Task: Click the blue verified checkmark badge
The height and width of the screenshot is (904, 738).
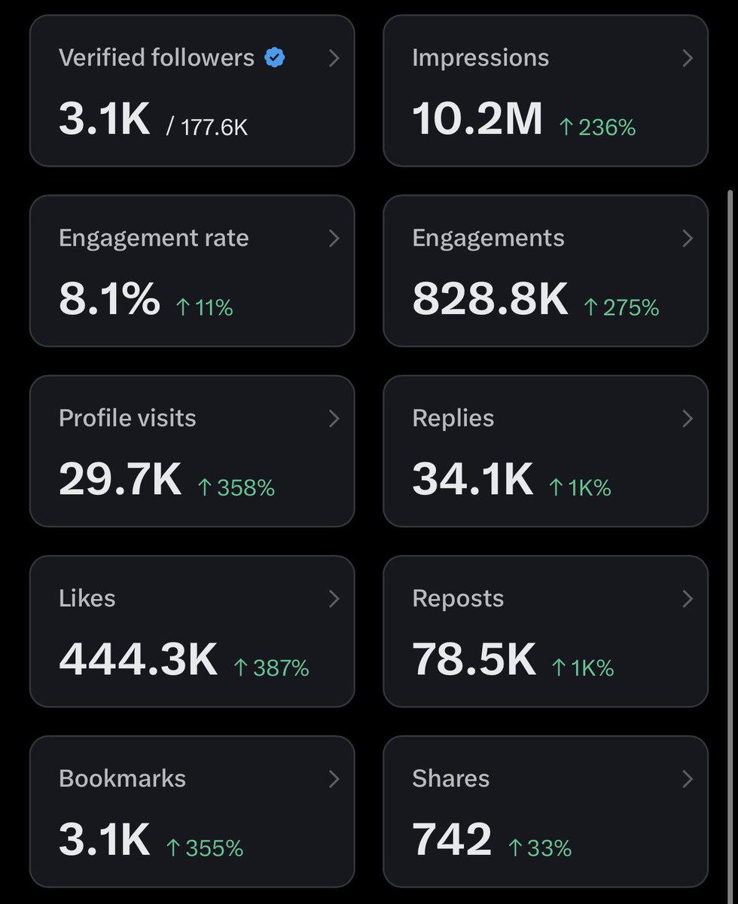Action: [x=274, y=58]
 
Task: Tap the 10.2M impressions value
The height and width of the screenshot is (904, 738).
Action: [x=477, y=120]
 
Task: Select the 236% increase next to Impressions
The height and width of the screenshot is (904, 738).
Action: [x=597, y=127]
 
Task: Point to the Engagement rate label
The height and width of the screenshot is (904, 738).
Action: [x=154, y=238]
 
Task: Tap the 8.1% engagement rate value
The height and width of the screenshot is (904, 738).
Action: [x=109, y=300]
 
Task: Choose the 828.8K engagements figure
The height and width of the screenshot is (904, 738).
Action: [x=489, y=300]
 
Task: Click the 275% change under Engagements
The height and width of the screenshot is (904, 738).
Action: [x=621, y=307]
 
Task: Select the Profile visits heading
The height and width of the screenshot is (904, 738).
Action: [x=127, y=418]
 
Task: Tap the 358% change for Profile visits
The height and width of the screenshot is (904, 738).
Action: [x=236, y=487]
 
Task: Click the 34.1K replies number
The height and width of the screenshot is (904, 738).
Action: [x=472, y=480]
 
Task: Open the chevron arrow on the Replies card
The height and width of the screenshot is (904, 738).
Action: [x=687, y=419]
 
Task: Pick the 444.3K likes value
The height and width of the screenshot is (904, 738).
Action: [x=138, y=660]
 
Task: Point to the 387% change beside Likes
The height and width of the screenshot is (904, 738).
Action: [x=271, y=667]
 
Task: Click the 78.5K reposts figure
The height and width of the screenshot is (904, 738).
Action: [x=474, y=660]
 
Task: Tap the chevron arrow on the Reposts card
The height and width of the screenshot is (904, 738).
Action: [x=687, y=599]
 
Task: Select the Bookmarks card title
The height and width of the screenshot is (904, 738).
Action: [x=122, y=778]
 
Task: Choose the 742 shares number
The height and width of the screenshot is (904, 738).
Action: [x=452, y=840]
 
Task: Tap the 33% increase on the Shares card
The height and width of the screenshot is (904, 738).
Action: [x=540, y=847]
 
